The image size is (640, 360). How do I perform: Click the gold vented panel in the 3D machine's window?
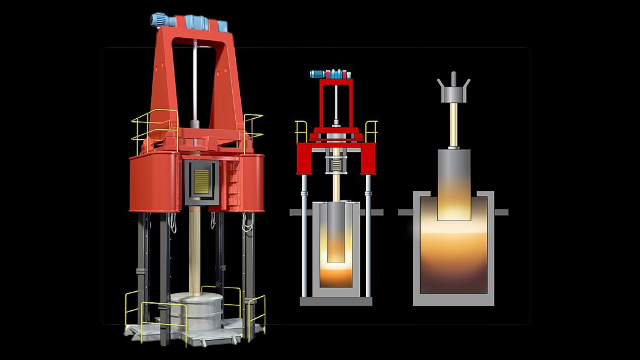click(201, 182)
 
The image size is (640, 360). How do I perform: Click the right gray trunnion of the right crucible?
click(501, 212)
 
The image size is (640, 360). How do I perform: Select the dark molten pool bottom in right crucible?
click(454, 283)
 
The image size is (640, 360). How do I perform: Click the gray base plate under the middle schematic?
click(336, 301)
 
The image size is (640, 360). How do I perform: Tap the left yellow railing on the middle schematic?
click(301, 131)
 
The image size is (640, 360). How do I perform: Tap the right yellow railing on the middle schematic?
click(371, 131)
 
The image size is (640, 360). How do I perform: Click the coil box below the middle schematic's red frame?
click(336, 165)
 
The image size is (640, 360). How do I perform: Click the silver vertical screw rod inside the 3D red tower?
click(195, 80)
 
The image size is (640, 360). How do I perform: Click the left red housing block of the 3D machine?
click(154, 183)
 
